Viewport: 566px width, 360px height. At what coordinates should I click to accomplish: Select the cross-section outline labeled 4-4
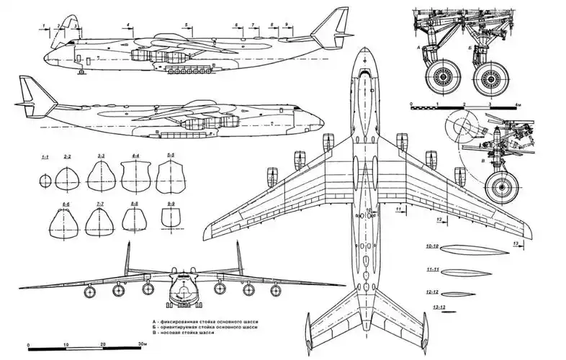(135, 176)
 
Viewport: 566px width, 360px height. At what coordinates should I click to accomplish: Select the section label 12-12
(433, 292)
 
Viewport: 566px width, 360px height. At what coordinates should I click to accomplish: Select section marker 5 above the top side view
(186, 25)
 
